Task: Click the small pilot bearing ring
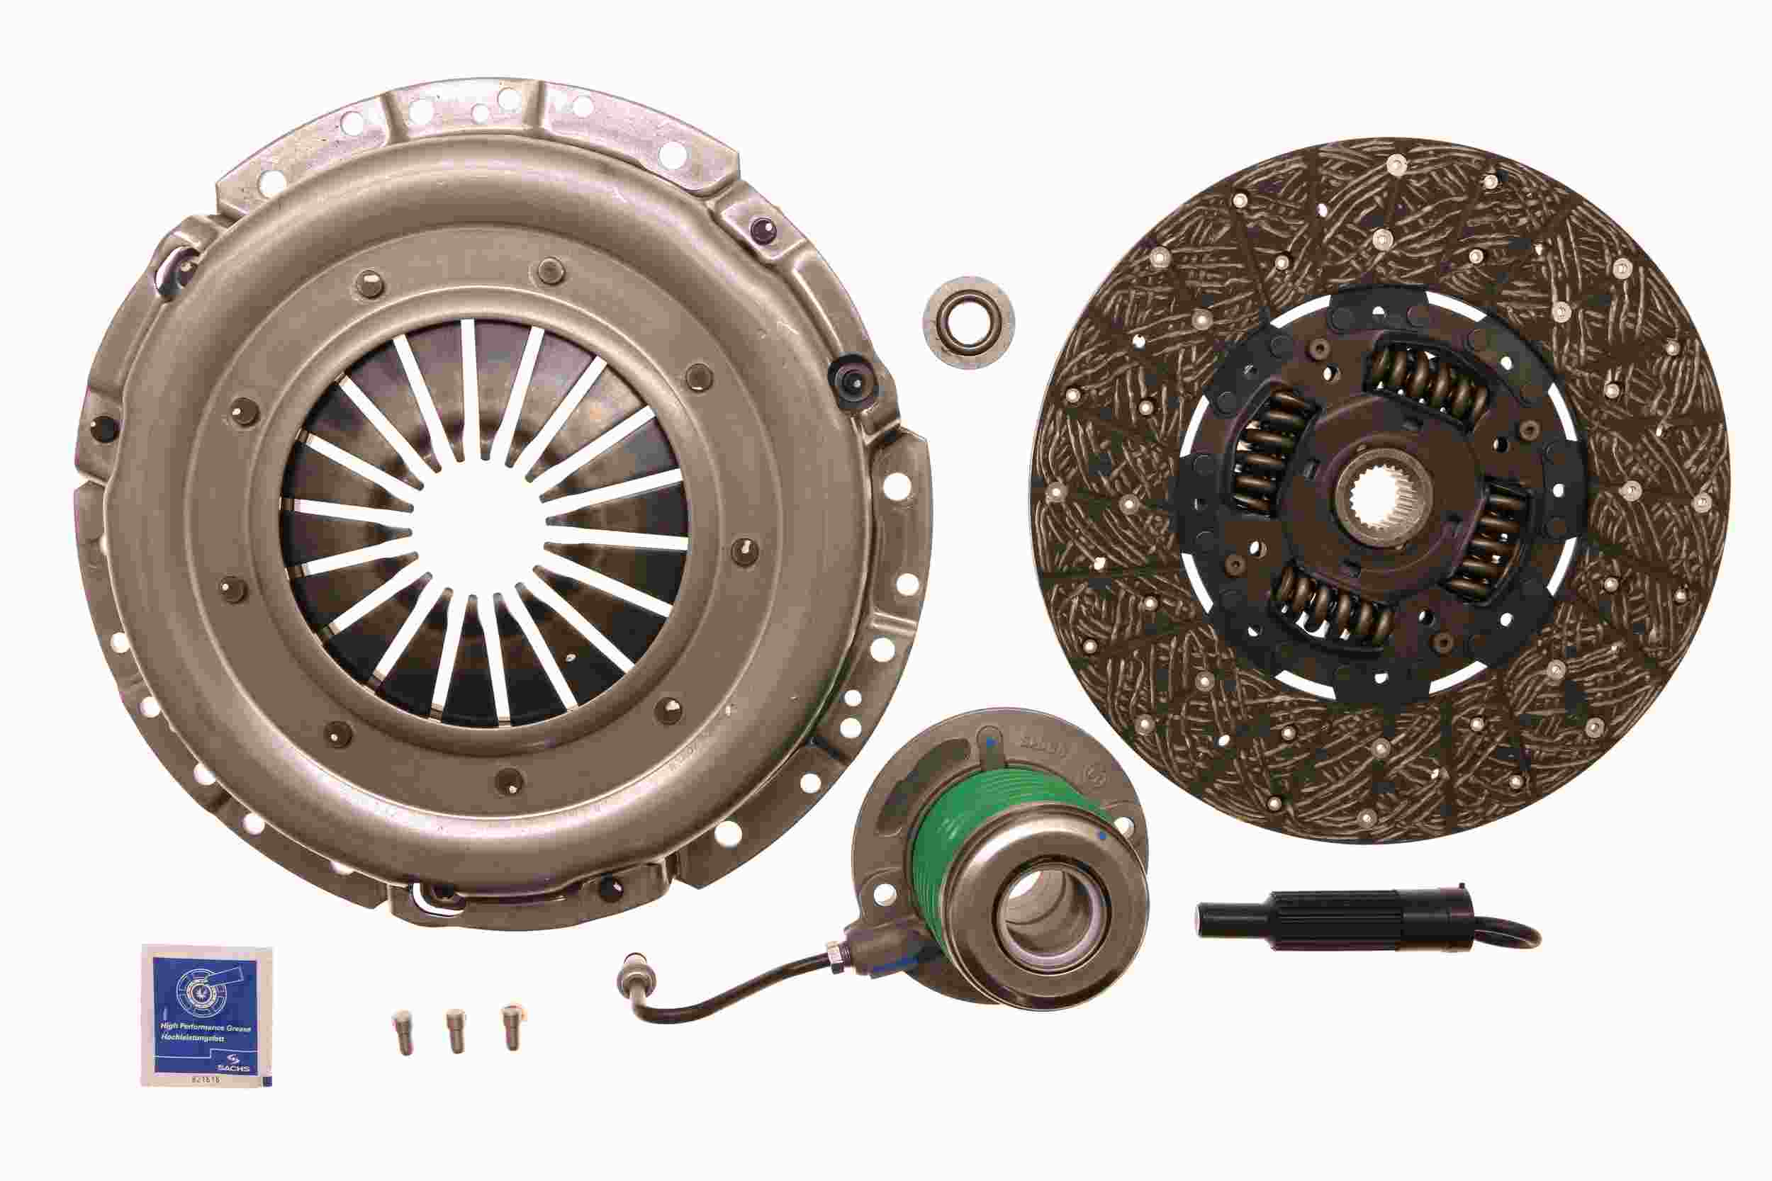point(968,322)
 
